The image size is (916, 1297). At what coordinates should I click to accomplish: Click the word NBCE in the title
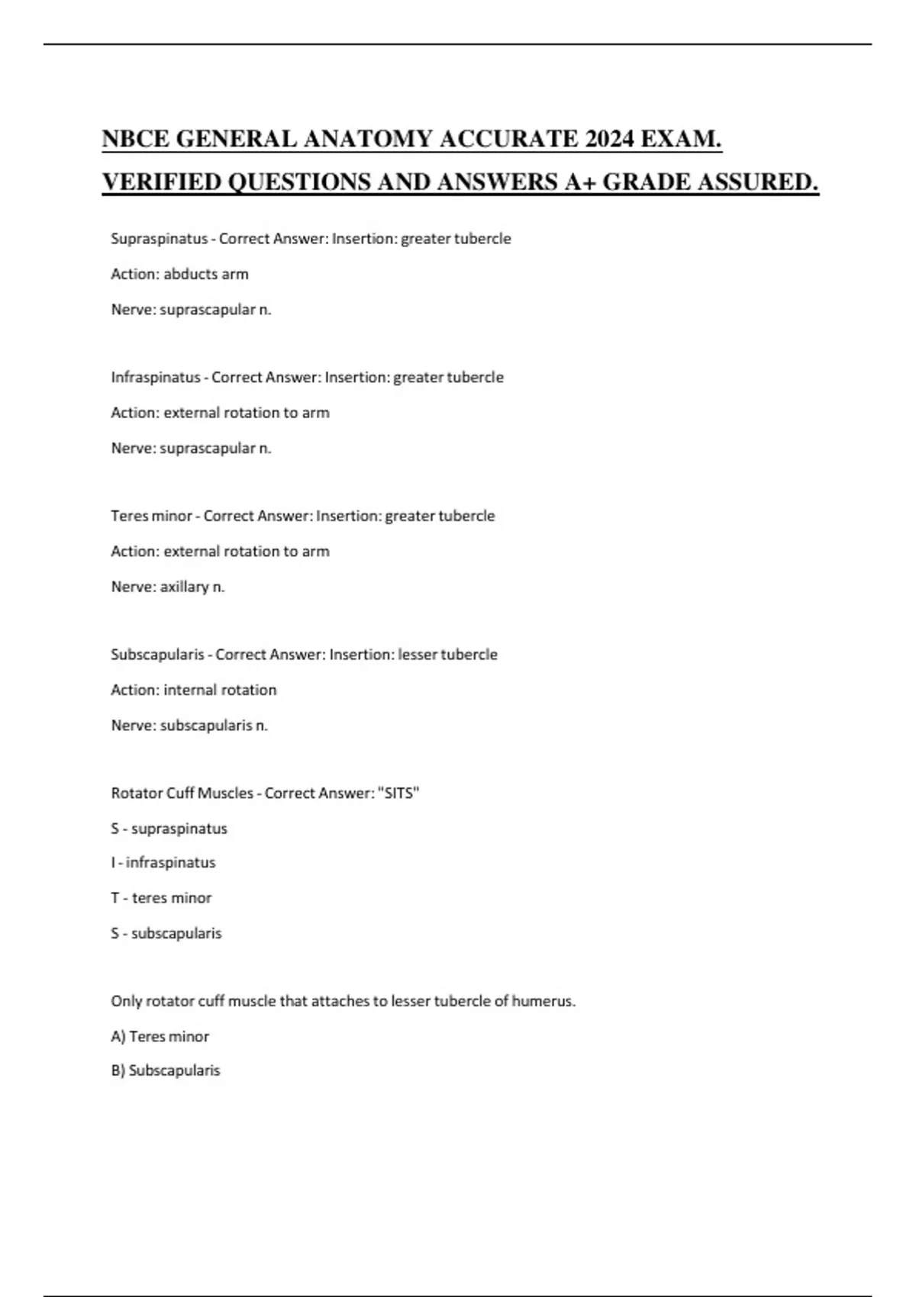tap(135, 140)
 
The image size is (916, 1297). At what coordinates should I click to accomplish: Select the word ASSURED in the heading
tap(756, 182)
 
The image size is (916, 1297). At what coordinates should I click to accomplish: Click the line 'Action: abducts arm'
tap(179, 274)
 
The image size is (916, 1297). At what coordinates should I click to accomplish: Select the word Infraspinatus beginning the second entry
tap(156, 378)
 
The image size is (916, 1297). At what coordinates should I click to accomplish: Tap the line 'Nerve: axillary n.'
tap(168, 587)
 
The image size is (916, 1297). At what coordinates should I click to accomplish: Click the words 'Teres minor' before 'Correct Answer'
tap(151, 516)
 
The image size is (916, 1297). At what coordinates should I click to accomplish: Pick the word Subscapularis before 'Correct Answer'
tap(157, 655)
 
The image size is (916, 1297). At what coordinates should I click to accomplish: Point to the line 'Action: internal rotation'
tap(194, 690)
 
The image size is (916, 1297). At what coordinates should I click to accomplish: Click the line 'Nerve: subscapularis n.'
tap(189, 726)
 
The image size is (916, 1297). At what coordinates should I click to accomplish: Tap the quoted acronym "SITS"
tap(398, 793)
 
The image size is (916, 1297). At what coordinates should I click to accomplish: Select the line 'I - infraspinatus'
tap(163, 863)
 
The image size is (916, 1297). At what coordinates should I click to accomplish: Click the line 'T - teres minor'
tap(161, 898)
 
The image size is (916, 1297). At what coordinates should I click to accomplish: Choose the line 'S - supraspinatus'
tap(169, 829)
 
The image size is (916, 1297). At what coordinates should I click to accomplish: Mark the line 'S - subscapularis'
tap(166, 933)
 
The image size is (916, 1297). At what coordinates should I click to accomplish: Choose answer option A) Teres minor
tap(160, 1037)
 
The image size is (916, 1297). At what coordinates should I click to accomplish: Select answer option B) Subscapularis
tap(165, 1070)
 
